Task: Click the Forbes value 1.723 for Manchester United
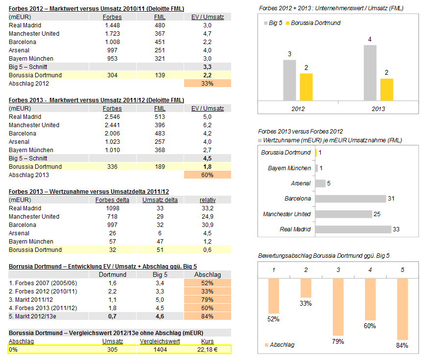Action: [113, 34]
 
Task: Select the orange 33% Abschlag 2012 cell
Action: [207, 84]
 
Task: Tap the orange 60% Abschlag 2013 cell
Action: [207, 175]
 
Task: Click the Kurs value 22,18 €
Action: [207, 349]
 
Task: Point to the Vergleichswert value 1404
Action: [160, 349]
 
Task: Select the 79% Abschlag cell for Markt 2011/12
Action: [207, 299]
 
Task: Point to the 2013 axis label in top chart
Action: [378, 109]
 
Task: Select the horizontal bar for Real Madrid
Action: [353, 229]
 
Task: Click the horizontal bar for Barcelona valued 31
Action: [350, 199]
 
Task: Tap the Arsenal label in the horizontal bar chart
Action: [301, 183]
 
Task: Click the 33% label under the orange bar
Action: [306, 303]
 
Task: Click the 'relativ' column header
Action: [207, 200]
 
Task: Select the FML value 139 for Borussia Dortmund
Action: [160, 75]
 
